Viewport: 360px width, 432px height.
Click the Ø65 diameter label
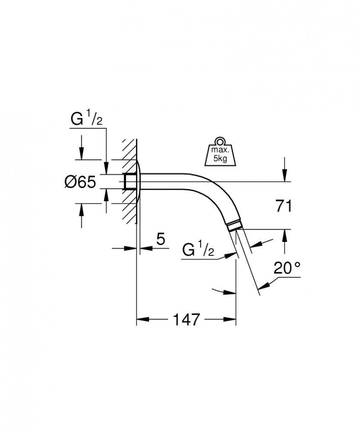(80, 182)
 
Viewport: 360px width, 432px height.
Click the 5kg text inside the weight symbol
(220, 159)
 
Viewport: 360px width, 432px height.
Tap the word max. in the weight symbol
(220, 149)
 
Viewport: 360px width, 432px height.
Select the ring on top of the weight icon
(220, 140)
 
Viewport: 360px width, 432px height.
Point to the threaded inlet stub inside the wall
(129, 182)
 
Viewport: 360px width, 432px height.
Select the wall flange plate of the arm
(139, 182)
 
